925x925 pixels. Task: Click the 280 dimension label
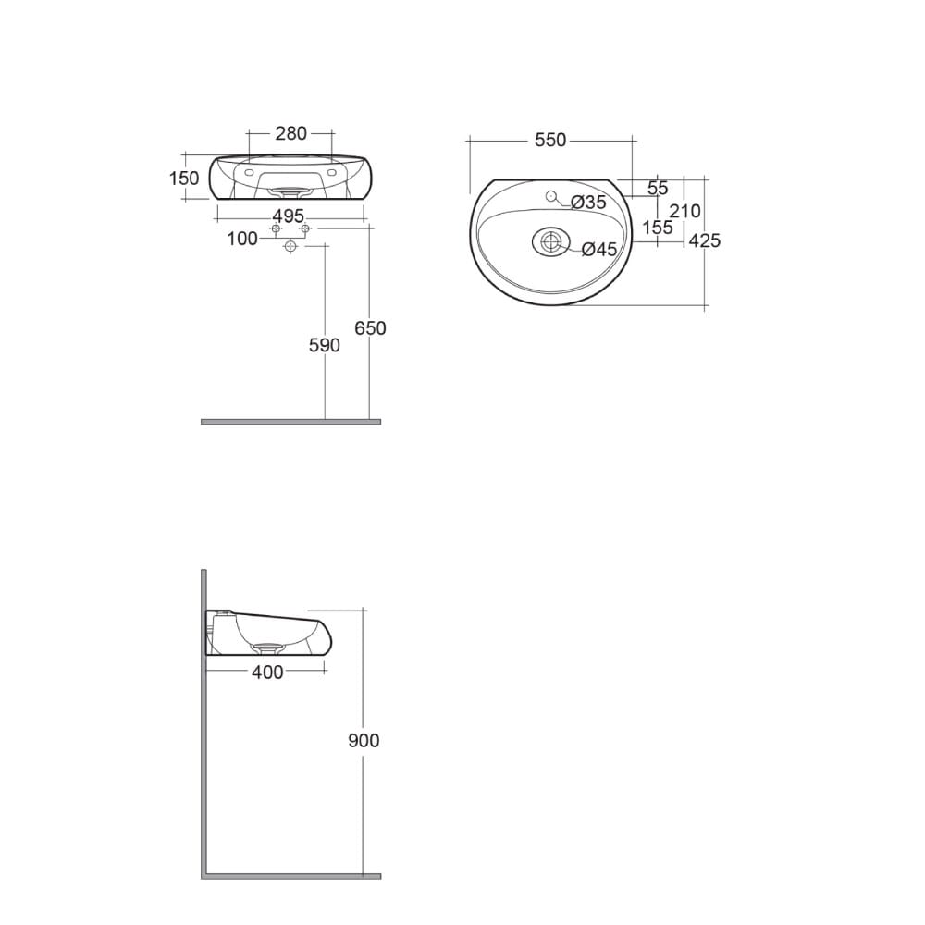[290, 134]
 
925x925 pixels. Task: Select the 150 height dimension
[184, 179]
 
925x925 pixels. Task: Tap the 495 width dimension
[288, 216]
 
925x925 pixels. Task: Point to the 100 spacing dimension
[242, 239]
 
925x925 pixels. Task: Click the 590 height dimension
[325, 345]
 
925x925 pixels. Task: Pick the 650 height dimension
[370, 328]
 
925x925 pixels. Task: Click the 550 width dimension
[549, 140]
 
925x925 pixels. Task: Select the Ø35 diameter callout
[588, 203]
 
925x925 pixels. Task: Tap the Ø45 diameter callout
[598, 250]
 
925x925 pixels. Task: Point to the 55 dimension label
[658, 188]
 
